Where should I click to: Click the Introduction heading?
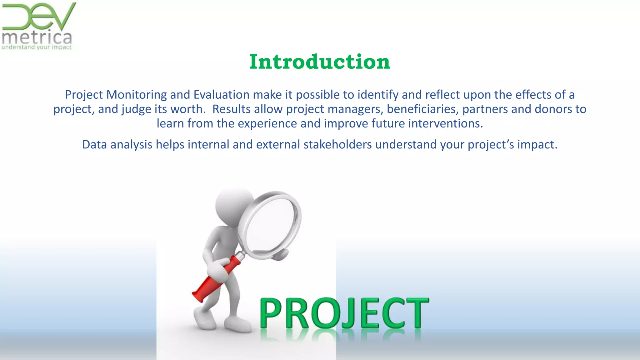[320, 62]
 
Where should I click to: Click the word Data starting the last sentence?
[95, 144]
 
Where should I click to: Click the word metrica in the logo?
[37, 38]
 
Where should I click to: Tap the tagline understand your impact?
[37, 47]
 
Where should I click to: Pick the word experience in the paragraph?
[267, 123]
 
